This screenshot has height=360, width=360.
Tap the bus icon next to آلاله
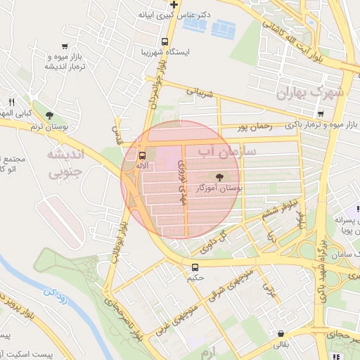click(x=143, y=155)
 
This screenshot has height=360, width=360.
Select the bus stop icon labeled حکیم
click(x=195, y=267)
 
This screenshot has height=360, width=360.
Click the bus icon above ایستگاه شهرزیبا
click(x=165, y=41)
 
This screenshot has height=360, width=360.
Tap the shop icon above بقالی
click(x=281, y=334)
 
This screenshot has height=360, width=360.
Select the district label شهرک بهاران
click(x=309, y=93)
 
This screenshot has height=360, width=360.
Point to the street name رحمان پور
click(x=254, y=127)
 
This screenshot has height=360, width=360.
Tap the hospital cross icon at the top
click(x=174, y=6)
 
